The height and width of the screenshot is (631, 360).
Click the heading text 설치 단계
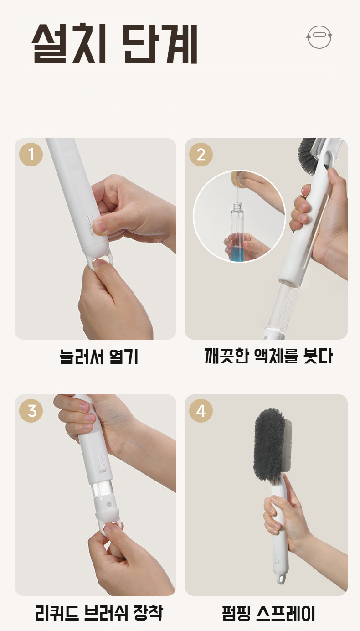114,44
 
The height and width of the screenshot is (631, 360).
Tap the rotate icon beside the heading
319,37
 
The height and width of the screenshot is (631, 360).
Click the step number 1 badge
31,155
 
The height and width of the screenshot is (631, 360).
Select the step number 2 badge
201,155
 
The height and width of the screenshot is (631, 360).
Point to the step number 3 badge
31,410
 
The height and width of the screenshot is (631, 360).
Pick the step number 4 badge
201,410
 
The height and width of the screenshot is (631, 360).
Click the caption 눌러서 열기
99,357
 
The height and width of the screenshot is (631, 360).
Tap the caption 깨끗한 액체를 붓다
268,356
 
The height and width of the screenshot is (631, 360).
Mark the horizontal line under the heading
182,72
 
